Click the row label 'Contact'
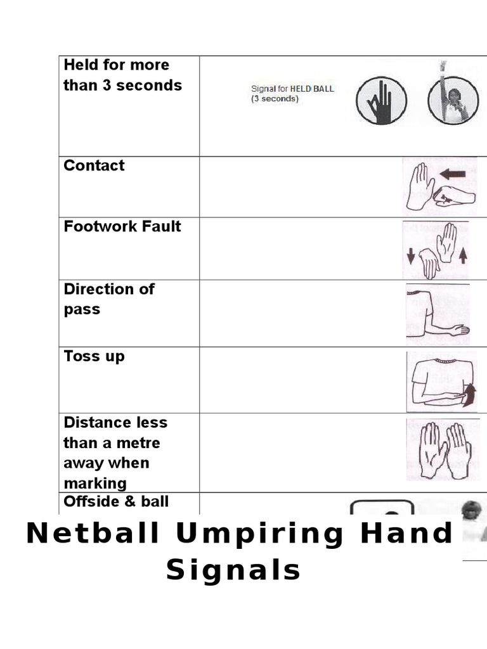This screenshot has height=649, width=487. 94,166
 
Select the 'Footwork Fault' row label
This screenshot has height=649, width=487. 122,227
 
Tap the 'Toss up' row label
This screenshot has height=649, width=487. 94,356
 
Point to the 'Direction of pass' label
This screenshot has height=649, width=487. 109,299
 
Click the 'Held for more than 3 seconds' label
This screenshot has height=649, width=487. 122,75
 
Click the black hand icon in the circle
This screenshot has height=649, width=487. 380,101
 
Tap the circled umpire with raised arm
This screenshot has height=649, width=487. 451,98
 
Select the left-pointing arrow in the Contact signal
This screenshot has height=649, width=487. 452,174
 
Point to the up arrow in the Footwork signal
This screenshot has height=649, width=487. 463,255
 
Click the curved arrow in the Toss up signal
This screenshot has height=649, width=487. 469,395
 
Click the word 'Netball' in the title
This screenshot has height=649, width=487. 93,534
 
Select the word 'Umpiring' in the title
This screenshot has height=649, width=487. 259,534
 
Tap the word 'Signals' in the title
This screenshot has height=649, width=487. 233,570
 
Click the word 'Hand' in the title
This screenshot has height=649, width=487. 413,534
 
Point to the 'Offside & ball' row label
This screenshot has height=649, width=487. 116,502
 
